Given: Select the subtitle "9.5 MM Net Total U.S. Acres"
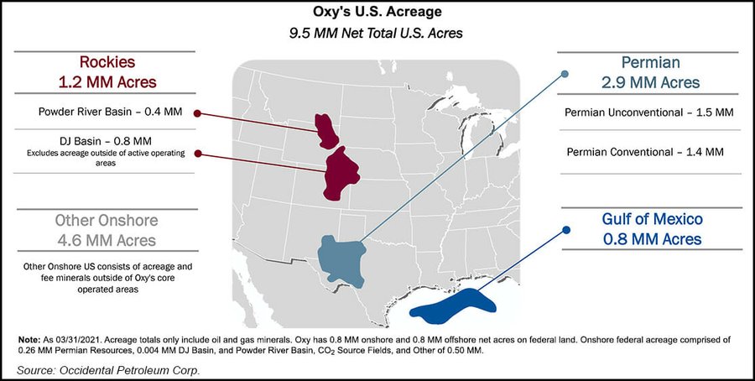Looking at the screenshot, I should tap(377, 33).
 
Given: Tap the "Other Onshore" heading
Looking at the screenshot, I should tap(105, 221).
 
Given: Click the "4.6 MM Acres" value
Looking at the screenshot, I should tap(105, 241).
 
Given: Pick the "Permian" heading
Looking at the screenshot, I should tap(649, 63).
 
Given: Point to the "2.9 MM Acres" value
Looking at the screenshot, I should tap(649, 83).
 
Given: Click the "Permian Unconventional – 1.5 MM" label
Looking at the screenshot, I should tap(650, 112).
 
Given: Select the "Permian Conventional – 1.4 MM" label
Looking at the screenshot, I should tap(645, 153).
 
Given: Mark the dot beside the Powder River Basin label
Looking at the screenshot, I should tap(197, 112).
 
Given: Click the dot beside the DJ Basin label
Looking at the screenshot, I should tap(197, 154).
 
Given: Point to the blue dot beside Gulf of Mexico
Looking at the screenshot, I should tap(566, 229).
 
